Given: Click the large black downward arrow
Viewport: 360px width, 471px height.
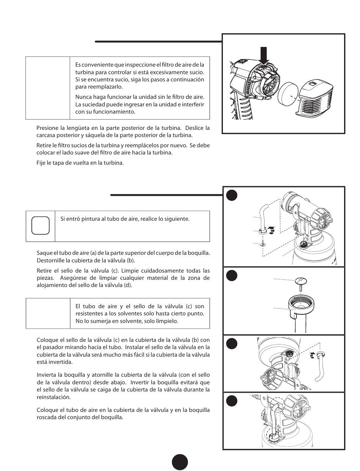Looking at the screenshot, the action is (x=264, y=55).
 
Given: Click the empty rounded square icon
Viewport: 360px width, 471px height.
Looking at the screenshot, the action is (x=40, y=226).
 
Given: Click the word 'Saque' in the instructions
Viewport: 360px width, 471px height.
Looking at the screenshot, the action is (x=44, y=253).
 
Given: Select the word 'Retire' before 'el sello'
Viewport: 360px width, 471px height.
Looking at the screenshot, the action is (x=44, y=271).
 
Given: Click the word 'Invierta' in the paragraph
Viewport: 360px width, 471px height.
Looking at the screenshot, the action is (x=47, y=375).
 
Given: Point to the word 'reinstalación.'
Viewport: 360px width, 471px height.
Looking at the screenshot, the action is (x=54, y=397).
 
